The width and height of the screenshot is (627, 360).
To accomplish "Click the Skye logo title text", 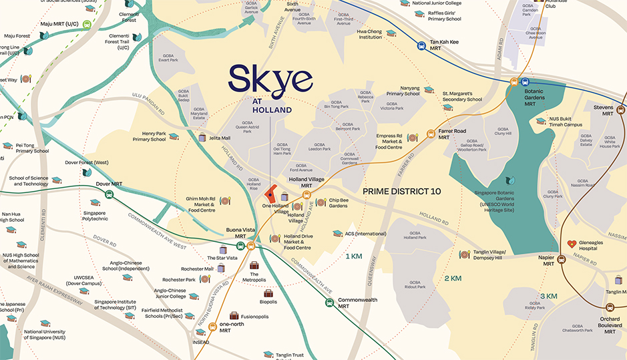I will click(x=270, y=80).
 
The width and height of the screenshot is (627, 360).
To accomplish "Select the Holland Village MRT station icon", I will click(x=306, y=195).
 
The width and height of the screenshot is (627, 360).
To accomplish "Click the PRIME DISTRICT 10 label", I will click(x=401, y=191).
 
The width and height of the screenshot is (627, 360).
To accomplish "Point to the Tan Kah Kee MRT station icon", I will click(x=421, y=46).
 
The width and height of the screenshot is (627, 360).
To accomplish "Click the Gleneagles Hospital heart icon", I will click(x=571, y=244).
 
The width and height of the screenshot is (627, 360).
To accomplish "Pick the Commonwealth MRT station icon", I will click(x=329, y=303).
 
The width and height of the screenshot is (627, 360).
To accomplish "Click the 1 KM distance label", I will click(x=353, y=256).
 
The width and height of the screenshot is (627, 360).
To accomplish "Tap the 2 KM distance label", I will click(x=453, y=278).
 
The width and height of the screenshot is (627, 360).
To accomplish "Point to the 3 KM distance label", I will click(x=548, y=296).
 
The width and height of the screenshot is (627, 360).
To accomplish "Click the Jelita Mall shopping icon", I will click(x=202, y=138).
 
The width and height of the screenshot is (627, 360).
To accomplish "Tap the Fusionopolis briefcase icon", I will click(x=234, y=315).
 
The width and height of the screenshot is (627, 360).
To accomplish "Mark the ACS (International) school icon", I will click(x=337, y=234).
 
